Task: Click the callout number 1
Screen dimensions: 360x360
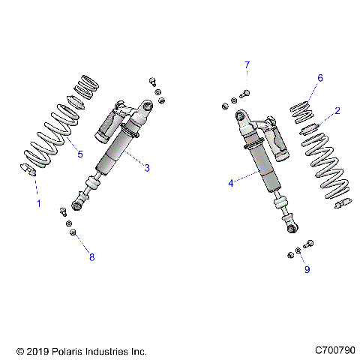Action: [x=35, y=202]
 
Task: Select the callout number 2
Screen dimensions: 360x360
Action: [x=337, y=111]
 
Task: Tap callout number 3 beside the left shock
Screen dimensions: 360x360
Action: [x=147, y=168]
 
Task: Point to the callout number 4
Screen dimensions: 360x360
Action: [x=231, y=181]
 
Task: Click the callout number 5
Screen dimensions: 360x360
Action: [x=80, y=155]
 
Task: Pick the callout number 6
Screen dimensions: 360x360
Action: [x=319, y=78]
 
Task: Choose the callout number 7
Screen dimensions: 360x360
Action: [x=246, y=66]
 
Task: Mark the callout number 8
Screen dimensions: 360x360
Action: [x=91, y=257]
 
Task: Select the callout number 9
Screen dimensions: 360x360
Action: [x=306, y=271]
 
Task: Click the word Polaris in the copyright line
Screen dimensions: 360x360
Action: [x=65, y=351]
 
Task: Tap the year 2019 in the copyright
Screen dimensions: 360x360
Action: [x=34, y=351]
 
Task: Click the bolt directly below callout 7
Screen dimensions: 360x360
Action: [x=246, y=93]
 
